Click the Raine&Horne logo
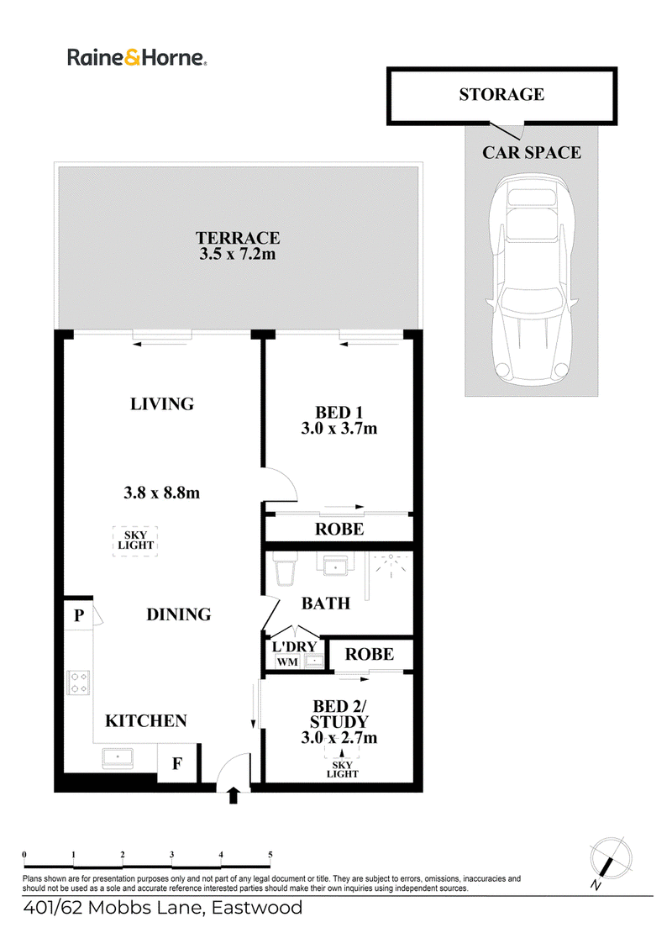coord(137,57)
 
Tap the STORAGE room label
coord(501,95)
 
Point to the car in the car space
coord(531,278)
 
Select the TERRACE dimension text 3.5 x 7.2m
coord(237,255)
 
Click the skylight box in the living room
coord(135,540)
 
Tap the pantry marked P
coord(78,615)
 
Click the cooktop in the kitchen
coord(78,683)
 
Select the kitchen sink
coord(118,757)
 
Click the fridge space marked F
coord(176,763)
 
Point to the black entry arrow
coord(234,795)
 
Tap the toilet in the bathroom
coord(284,569)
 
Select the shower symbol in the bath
coord(391,565)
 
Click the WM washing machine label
coord(287,662)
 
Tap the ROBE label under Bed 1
coord(339,529)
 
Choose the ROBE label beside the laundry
coord(370,655)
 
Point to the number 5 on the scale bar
coord(270,855)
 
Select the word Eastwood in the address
coord(257,908)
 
